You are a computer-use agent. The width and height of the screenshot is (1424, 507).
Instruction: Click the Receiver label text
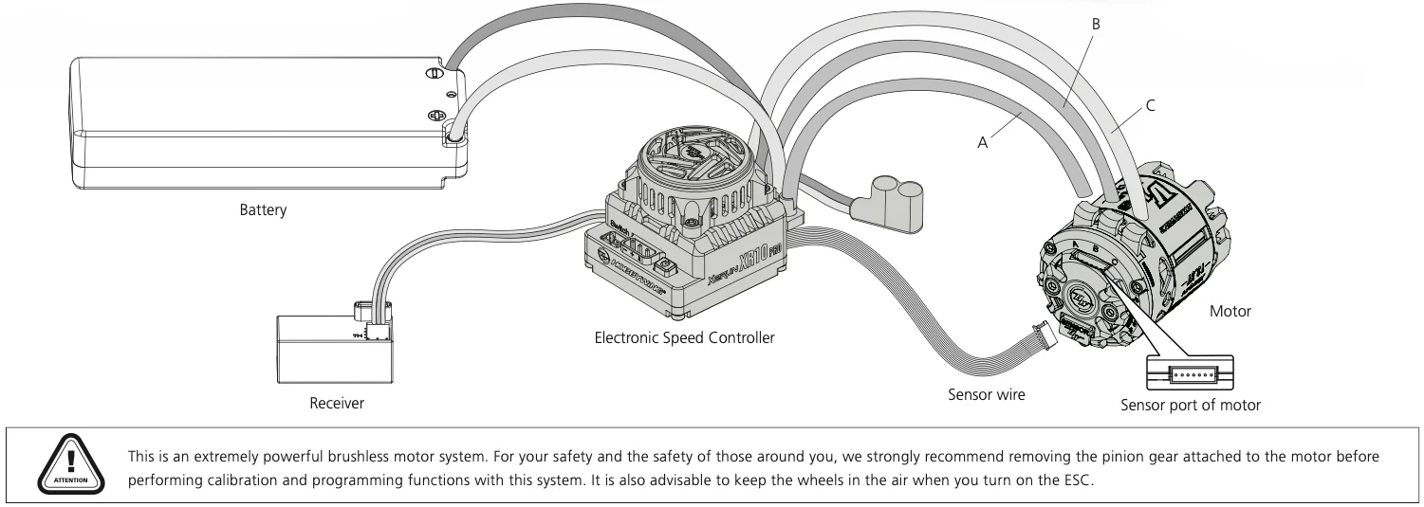click(x=337, y=404)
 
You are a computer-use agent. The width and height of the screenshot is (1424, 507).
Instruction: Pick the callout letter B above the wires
click(x=1096, y=23)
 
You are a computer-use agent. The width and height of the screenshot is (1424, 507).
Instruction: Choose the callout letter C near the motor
click(x=1150, y=104)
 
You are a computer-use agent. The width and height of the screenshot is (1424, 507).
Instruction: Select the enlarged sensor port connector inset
click(x=1191, y=372)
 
